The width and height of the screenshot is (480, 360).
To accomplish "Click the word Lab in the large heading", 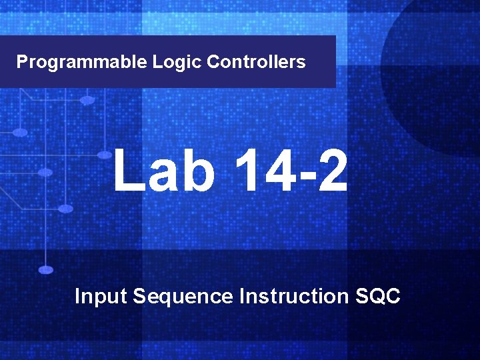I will (x=164, y=171).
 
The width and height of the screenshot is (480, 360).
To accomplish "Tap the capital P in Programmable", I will (x=22, y=63).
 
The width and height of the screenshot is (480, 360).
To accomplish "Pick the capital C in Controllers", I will (x=213, y=63).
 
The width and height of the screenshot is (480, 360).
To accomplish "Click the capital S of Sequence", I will (x=139, y=295).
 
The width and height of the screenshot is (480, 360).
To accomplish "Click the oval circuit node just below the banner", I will (x=87, y=100).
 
